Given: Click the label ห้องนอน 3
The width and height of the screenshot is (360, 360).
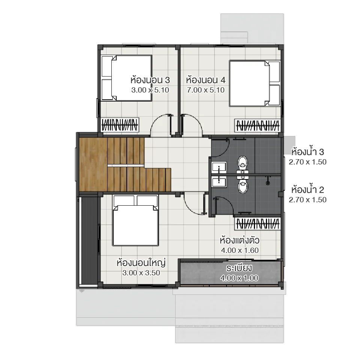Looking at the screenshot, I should (150, 80).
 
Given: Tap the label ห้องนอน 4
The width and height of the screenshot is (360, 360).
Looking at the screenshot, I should (205, 80).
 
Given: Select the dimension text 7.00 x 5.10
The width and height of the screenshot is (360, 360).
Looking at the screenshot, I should (205, 90).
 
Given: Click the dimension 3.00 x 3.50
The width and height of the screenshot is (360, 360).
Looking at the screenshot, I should (141, 273).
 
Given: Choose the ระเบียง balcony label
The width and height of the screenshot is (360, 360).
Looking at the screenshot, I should (239, 269).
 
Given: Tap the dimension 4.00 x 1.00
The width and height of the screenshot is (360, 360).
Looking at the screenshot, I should (239, 278).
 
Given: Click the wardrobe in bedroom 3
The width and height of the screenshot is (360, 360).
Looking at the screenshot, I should (120, 125).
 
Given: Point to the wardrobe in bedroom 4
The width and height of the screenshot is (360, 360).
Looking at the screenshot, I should (258, 125).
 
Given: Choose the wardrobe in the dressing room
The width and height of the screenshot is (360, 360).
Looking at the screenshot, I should (258, 224).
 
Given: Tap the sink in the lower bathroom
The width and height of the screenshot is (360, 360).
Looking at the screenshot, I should (219, 182).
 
